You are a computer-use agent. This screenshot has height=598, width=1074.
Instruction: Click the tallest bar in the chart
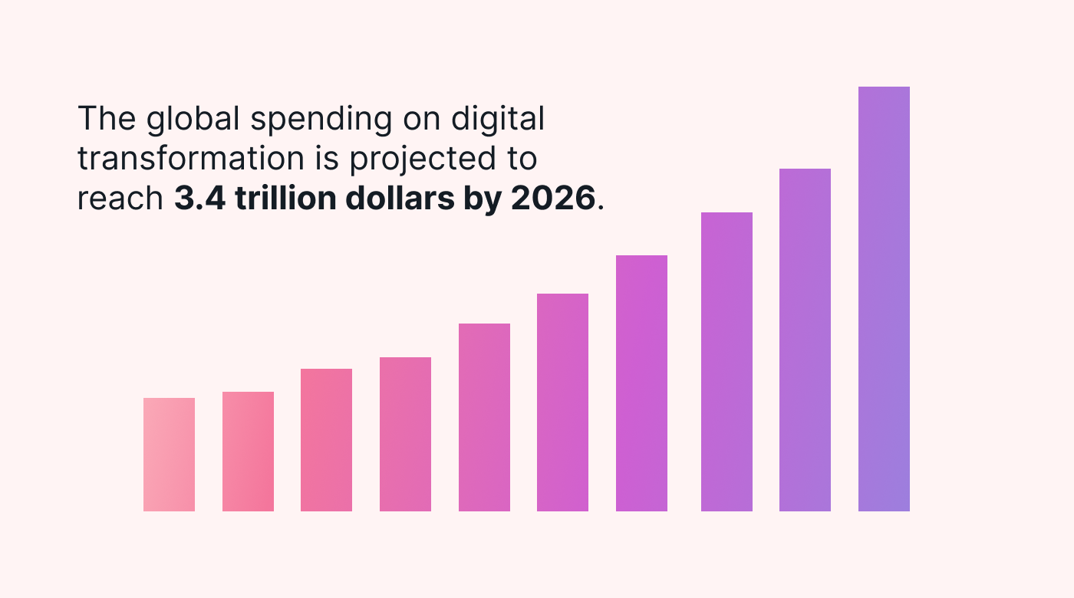[x=884, y=299]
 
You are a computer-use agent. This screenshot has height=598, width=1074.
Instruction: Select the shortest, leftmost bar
[x=169, y=455]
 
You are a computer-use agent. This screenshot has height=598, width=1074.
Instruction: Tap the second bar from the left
[x=248, y=452]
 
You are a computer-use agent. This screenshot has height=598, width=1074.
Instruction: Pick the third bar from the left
[x=326, y=440]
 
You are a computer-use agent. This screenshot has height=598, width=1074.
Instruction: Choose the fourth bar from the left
[x=405, y=434]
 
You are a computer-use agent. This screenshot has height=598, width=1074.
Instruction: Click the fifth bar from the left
[x=484, y=417]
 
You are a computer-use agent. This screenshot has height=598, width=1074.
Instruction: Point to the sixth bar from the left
[x=562, y=402]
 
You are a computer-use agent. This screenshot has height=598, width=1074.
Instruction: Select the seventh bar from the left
[x=641, y=383]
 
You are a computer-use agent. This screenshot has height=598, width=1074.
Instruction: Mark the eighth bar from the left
[x=726, y=362]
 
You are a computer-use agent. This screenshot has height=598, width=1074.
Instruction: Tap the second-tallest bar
[x=805, y=340]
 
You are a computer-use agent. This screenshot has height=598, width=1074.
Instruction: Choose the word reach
[x=120, y=199]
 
